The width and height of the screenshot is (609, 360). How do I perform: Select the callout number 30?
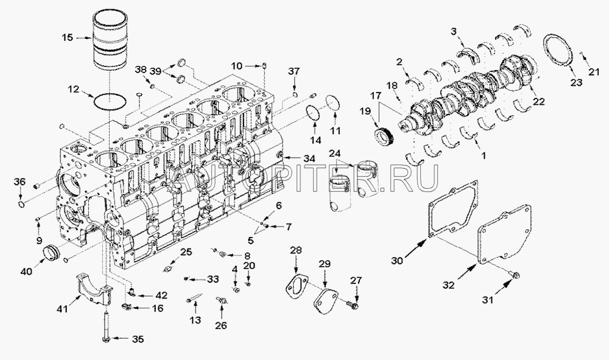[x=397, y=261]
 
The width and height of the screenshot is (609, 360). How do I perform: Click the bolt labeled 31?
[x=515, y=277]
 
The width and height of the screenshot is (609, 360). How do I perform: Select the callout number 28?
[x=295, y=250]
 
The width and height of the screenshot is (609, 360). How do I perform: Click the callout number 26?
[x=220, y=326]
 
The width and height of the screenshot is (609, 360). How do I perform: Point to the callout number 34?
[x=310, y=159]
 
